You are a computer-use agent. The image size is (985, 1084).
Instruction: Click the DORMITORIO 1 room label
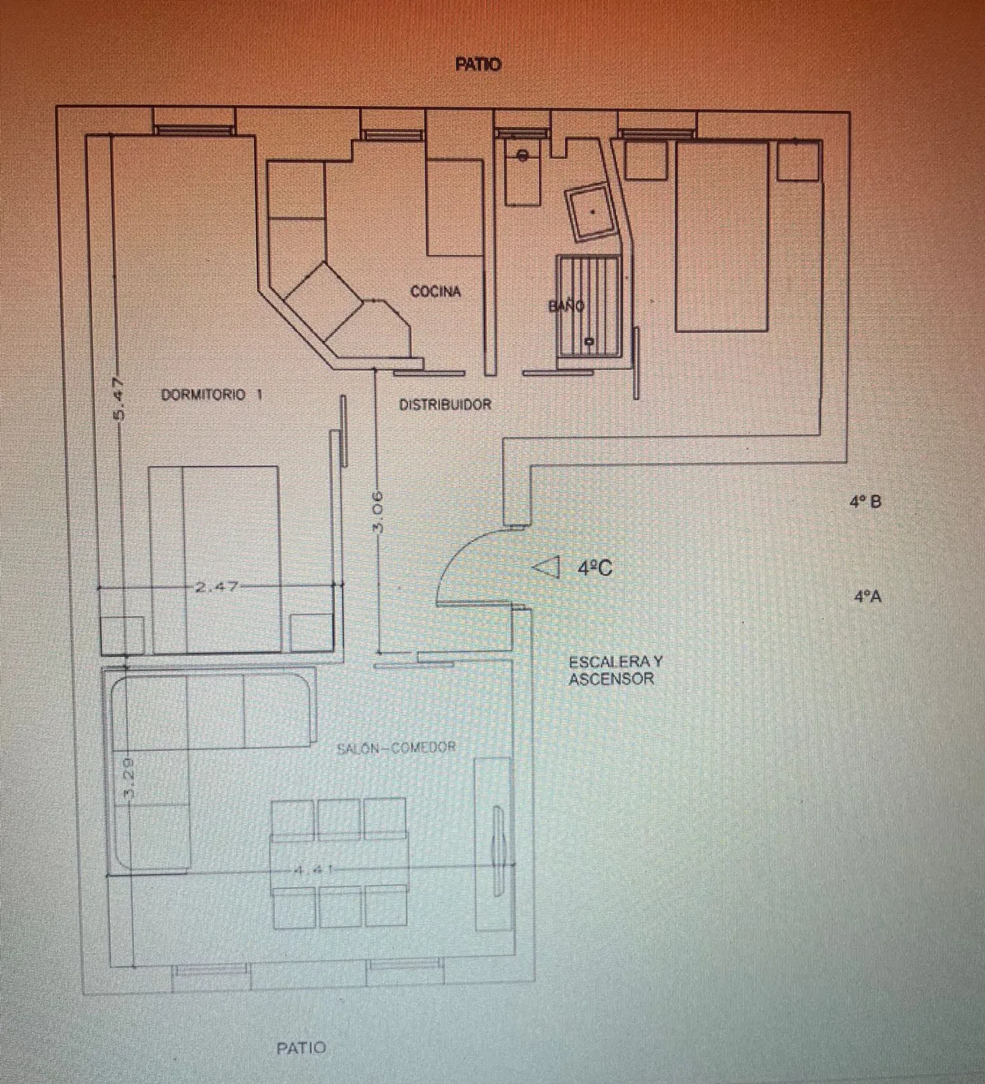click(211, 395)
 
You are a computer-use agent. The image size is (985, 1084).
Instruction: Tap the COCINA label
click(435, 292)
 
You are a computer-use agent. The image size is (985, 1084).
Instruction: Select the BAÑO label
click(566, 305)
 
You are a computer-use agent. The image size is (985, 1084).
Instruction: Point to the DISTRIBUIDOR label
click(445, 404)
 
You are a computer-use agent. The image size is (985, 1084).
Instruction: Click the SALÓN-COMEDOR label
click(396, 748)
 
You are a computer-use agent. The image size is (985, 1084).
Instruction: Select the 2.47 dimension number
click(217, 586)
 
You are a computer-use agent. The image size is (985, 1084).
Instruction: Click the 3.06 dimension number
click(377, 511)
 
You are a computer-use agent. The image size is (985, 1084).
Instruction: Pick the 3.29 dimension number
click(129, 778)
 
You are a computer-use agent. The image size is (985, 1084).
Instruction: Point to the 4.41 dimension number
click(313, 870)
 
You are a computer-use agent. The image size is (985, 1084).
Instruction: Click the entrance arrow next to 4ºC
click(546, 567)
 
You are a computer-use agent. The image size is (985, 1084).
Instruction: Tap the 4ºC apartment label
click(595, 568)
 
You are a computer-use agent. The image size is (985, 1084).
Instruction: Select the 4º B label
click(865, 502)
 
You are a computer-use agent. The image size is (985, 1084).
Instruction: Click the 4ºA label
click(867, 597)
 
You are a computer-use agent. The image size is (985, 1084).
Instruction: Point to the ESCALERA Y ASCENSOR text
click(616, 670)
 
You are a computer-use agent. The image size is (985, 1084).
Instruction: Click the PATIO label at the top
click(478, 64)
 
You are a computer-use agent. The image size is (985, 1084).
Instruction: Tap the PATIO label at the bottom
click(301, 1048)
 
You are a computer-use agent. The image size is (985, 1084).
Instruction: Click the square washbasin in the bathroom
click(593, 212)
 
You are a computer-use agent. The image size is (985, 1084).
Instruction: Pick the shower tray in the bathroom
click(589, 305)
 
